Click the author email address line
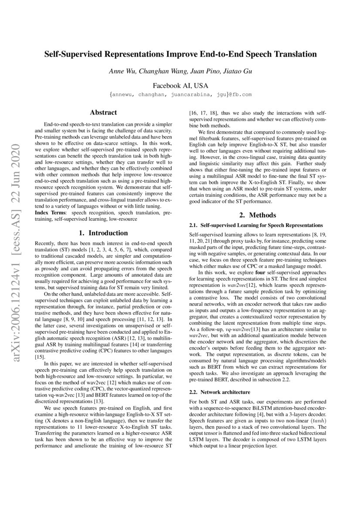tap(180, 94)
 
